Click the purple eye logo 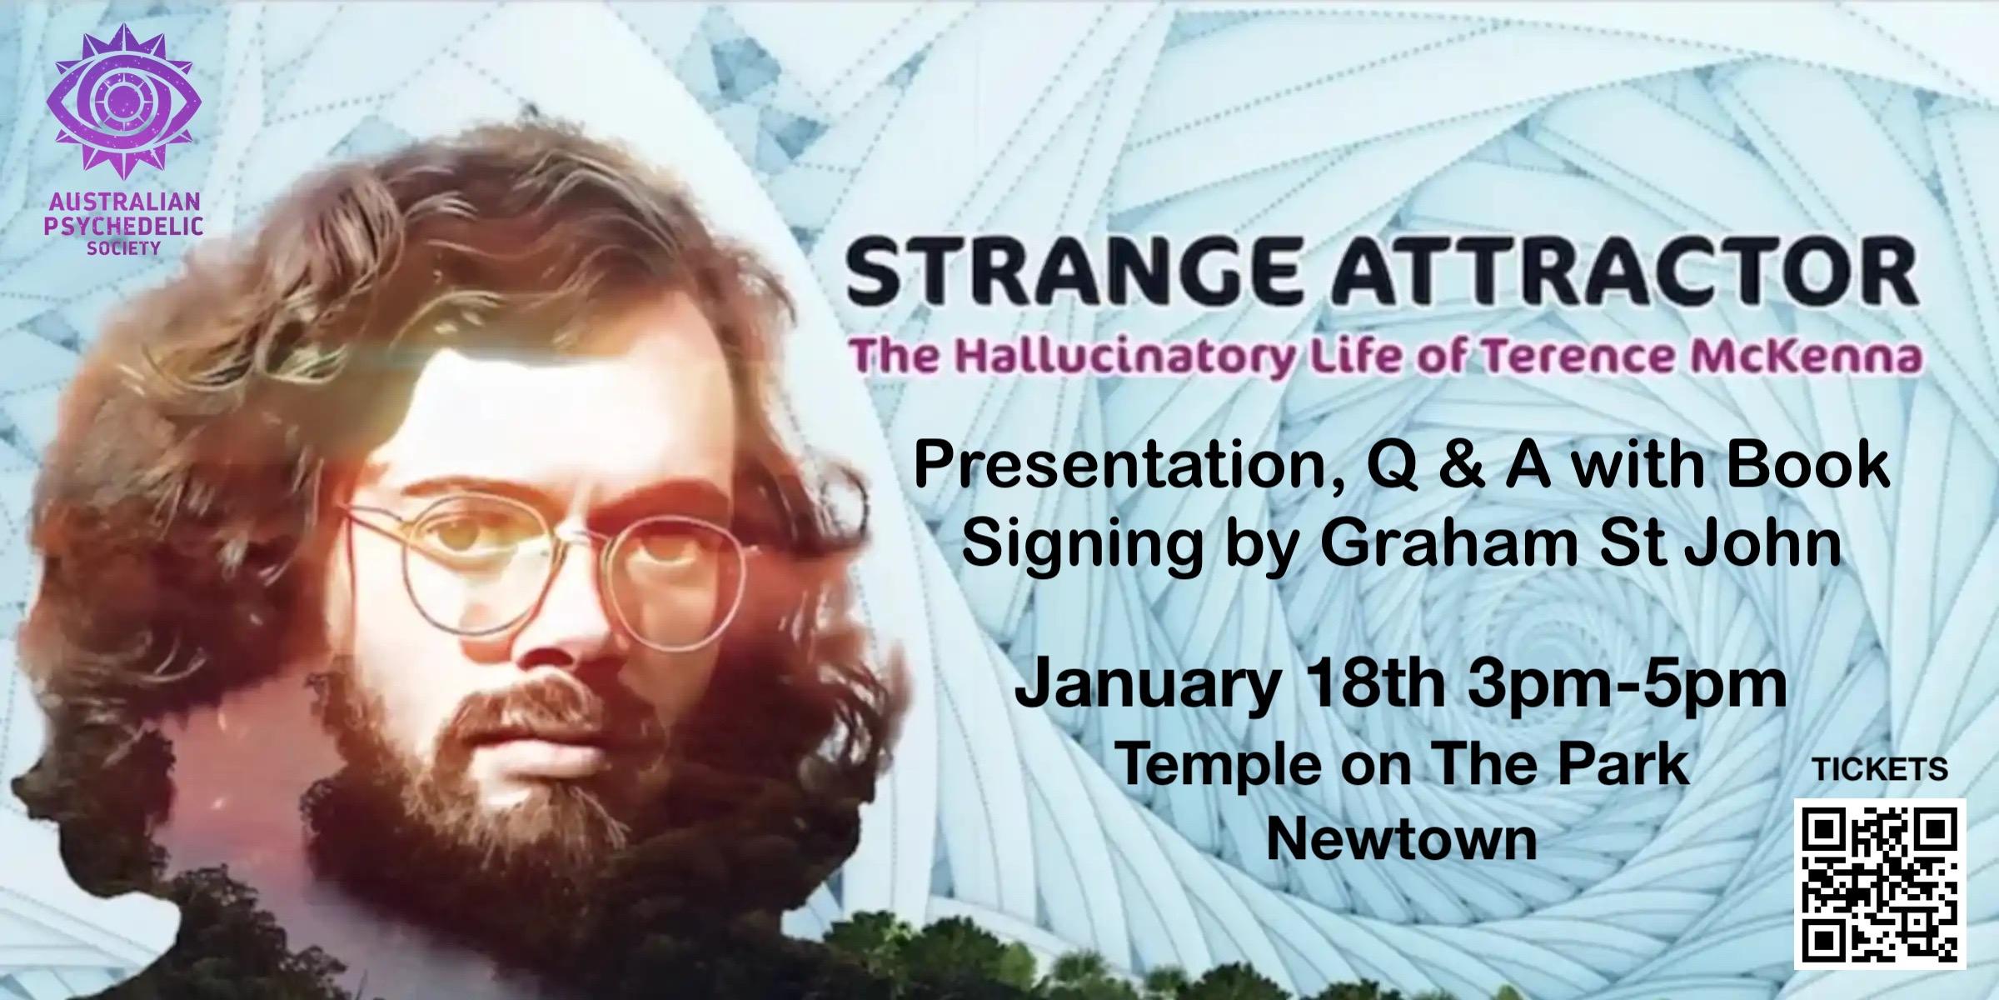click(127, 102)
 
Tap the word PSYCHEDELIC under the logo click(123, 225)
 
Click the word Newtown click(1401, 840)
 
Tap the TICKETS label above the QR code click(1880, 769)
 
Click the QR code click(1880, 884)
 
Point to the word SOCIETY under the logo click(123, 247)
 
